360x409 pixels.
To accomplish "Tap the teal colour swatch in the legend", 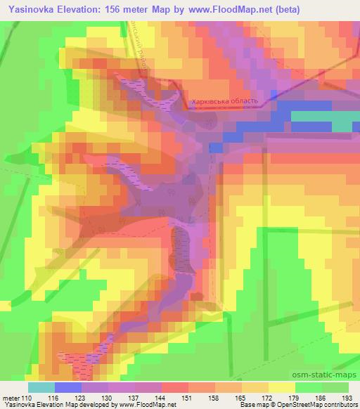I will pyautogui.click(x=41, y=387).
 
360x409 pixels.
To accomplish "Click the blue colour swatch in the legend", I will pyautogui.click(x=67, y=387).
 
